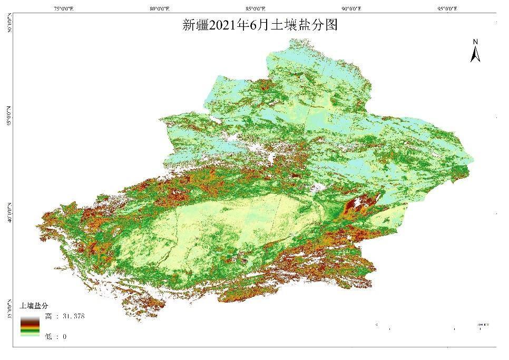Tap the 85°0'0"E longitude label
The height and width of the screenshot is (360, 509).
click(254, 8)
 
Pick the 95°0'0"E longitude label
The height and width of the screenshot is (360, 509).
click(447, 8)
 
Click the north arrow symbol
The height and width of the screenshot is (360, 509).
click(475, 54)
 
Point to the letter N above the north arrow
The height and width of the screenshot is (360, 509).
click(475, 42)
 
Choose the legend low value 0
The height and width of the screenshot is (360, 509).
click(64, 336)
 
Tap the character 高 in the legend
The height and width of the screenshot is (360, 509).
click(48, 316)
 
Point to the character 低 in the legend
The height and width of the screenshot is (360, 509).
click(48, 336)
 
